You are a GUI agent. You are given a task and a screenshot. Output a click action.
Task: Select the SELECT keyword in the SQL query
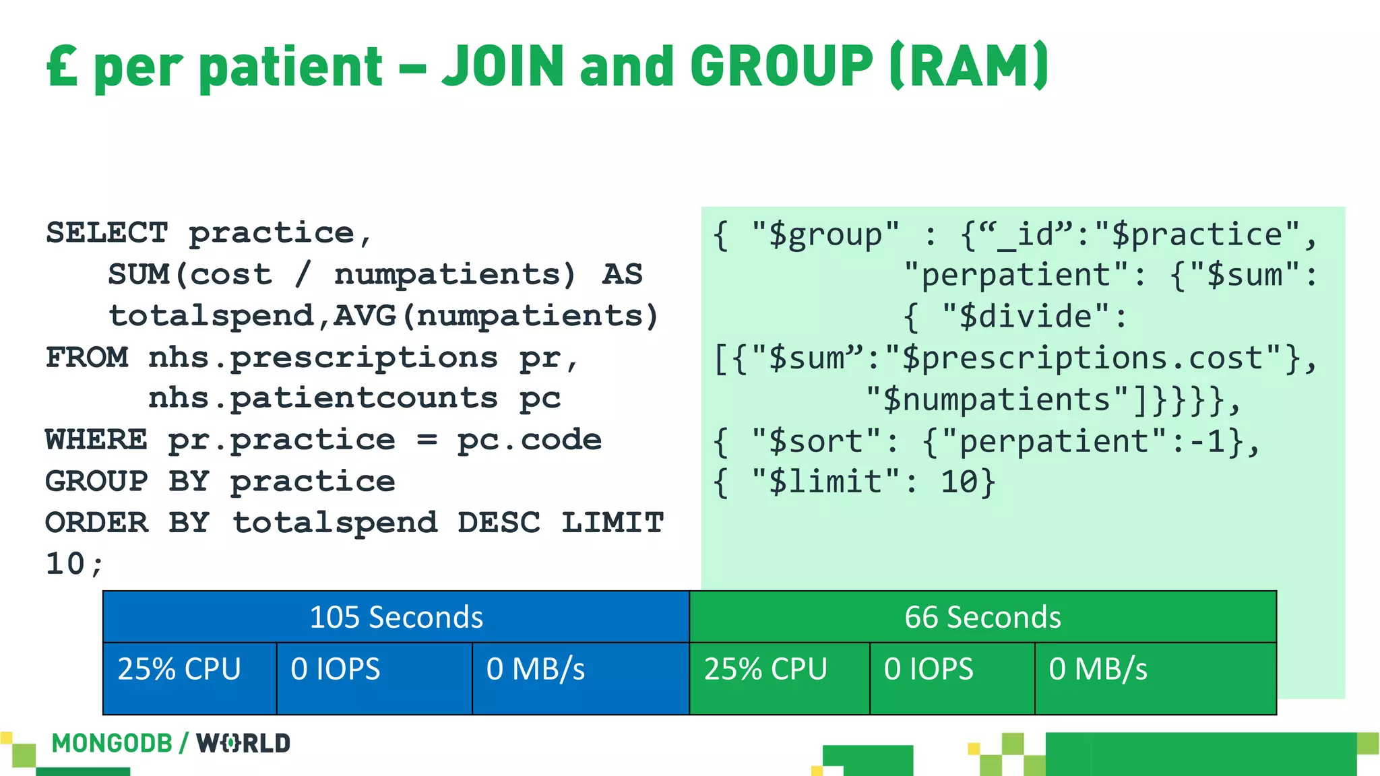pyautogui.click(x=106, y=233)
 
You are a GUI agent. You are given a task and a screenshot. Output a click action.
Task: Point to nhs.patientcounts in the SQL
pyautogui.click(x=323, y=398)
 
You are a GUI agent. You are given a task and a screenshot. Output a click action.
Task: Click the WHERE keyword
pyautogui.click(x=96, y=440)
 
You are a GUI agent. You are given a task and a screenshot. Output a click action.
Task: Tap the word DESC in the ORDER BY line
pyautogui.click(x=499, y=523)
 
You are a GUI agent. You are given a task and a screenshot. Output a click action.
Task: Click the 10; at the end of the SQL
pyautogui.click(x=74, y=564)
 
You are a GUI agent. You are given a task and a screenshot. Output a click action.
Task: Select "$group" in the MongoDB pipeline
pyautogui.click(x=825, y=234)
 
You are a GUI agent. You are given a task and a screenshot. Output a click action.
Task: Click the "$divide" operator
pyautogui.click(x=1026, y=317)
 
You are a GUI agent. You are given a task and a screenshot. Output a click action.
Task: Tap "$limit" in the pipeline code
pyautogui.click(x=825, y=482)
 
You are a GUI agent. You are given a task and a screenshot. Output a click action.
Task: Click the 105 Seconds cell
pyautogui.click(x=396, y=617)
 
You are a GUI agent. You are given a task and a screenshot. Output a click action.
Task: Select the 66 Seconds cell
pyautogui.click(x=982, y=617)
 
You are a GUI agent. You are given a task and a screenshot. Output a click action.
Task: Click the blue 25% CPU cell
pyautogui.click(x=179, y=670)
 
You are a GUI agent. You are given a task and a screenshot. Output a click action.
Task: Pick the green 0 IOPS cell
pyautogui.click(x=929, y=670)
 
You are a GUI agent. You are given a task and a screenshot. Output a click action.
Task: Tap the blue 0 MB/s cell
pyautogui.click(x=536, y=670)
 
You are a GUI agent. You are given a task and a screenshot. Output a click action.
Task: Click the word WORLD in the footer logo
pyautogui.click(x=243, y=744)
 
